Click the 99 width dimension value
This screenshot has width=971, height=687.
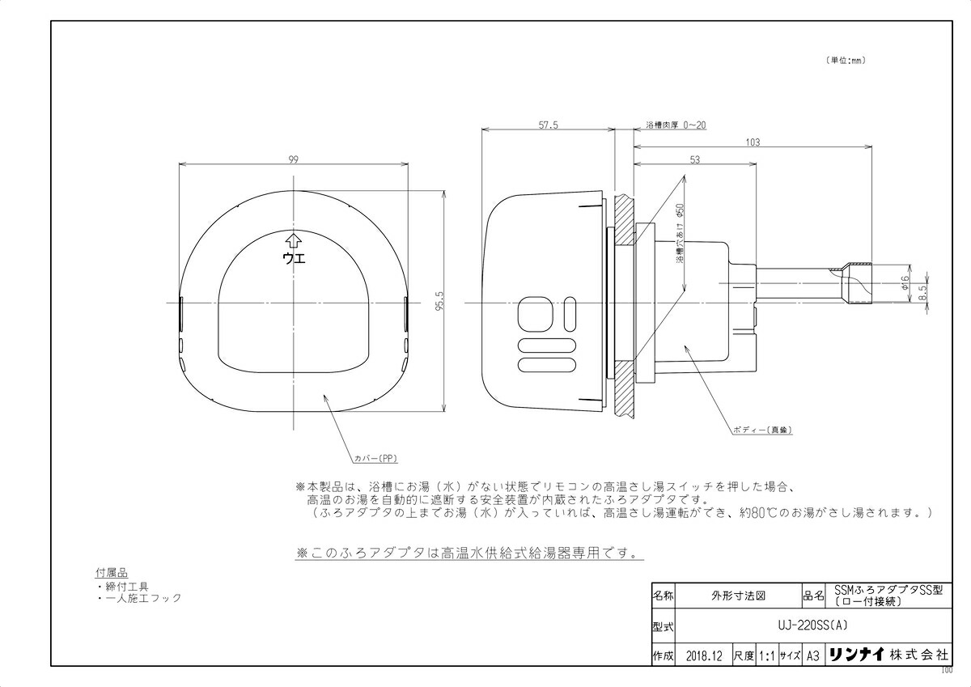293,159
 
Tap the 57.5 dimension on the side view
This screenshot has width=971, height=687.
549,125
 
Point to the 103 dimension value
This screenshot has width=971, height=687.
752,142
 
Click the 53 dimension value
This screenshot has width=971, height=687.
694,160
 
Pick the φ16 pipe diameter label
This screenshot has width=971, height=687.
905,281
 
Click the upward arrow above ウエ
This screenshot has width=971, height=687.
293,240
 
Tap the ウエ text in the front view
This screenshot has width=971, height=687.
293,258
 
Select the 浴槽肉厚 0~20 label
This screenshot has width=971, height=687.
675,125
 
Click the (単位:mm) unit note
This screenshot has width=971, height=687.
846,60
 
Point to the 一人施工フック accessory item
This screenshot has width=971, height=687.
143,598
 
